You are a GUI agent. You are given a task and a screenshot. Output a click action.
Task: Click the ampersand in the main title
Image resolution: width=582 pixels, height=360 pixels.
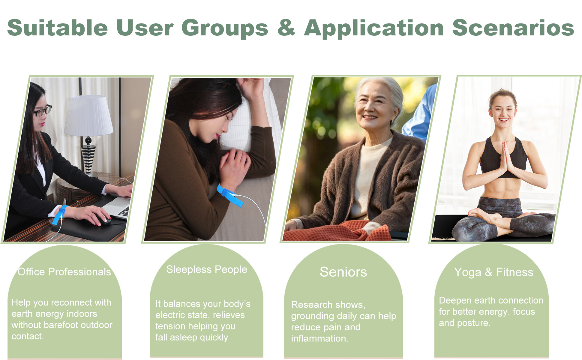click(286, 28)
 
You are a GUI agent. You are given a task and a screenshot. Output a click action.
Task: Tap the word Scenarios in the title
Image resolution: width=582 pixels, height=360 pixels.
click(513, 28)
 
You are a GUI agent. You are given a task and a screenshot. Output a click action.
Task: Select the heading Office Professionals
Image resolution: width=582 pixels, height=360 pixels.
click(64, 272)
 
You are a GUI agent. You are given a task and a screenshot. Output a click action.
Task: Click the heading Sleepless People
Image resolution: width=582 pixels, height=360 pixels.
click(207, 269)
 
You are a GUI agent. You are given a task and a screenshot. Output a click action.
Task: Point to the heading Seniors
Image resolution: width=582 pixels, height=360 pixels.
click(343, 272)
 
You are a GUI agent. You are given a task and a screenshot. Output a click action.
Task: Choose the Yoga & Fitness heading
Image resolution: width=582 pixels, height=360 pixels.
click(493, 272)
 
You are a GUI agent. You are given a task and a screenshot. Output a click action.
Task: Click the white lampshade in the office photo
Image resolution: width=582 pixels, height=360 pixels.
click(88, 115)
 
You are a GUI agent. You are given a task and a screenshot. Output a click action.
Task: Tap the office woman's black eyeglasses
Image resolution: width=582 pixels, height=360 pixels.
click(43, 111)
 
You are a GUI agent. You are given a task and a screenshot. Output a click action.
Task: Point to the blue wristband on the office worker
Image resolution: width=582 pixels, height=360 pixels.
click(59, 214)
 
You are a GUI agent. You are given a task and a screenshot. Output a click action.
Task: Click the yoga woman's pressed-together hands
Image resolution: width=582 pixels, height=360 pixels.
click(505, 159)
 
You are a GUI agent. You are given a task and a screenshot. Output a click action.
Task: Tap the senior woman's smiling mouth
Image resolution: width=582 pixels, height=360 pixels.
click(369, 117)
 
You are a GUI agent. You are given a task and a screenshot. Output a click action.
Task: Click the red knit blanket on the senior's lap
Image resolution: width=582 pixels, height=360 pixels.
click(336, 231)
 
